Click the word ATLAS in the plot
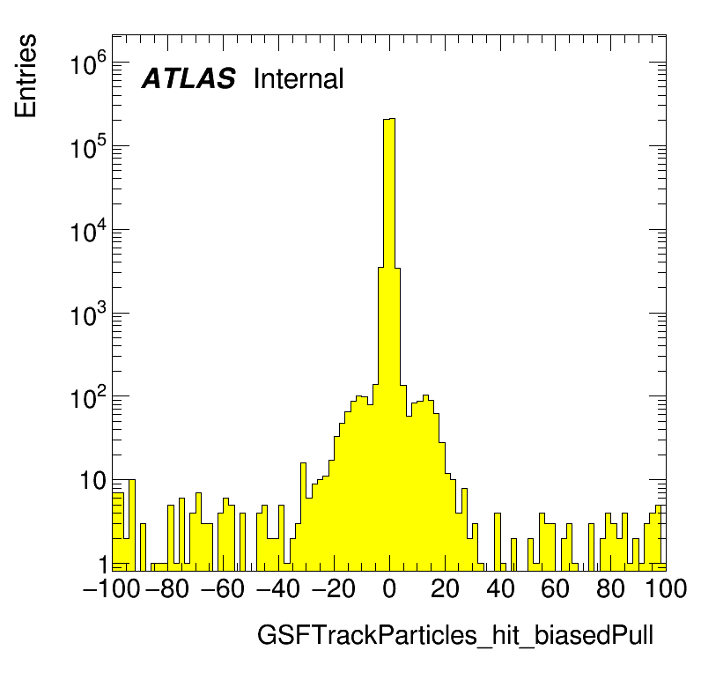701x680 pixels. pyautogui.click(x=188, y=79)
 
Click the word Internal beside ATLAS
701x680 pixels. pyautogui.click(x=298, y=79)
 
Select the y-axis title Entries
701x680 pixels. pyautogui.click(x=26, y=75)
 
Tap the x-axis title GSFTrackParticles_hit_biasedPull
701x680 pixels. pyautogui.click(x=454, y=636)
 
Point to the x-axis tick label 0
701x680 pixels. pyautogui.click(x=389, y=589)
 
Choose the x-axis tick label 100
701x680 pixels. pyautogui.click(x=665, y=589)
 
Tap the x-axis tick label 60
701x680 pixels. pyautogui.click(x=556, y=589)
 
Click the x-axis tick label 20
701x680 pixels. pyautogui.click(x=445, y=589)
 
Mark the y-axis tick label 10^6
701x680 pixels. pyautogui.click(x=88, y=65)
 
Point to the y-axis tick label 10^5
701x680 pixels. pyautogui.click(x=88, y=149)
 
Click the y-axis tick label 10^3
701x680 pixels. pyautogui.click(x=88, y=316)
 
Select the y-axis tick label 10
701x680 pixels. pyautogui.click(x=94, y=482)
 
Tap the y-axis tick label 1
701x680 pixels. pyautogui.click(x=102, y=564)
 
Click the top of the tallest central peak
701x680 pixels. pyautogui.click(x=389, y=119)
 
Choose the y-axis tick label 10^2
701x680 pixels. pyautogui.click(x=88, y=400)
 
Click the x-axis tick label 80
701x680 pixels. pyautogui.click(x=611, y=589)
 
